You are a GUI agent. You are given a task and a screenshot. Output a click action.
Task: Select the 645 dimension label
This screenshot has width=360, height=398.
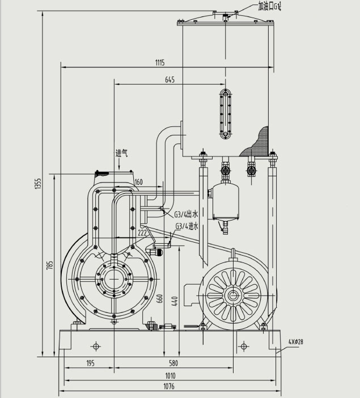[170, 79]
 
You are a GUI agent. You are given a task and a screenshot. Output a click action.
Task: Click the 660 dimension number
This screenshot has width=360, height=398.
[160, 299]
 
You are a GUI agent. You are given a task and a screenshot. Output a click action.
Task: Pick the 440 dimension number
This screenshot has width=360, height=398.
[175, 300]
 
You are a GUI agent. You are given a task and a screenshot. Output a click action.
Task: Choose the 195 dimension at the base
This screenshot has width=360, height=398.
[90, 363]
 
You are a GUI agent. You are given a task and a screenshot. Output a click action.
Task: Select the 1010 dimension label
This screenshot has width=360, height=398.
[170, 375]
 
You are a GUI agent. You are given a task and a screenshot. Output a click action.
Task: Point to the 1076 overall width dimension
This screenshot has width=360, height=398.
[170, 387]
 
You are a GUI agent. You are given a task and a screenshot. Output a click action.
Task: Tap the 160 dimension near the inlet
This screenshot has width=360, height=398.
[139, 182]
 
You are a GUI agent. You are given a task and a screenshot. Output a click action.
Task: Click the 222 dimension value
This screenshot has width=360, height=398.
[142, 232]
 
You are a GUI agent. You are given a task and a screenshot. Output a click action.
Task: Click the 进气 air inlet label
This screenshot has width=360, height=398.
[122, 153]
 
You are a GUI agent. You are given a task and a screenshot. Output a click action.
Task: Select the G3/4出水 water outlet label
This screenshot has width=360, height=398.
[187, 214]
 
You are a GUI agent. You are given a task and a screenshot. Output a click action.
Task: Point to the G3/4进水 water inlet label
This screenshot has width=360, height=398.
[187, 226]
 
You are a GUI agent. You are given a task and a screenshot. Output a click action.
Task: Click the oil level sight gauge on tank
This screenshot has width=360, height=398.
[226, 113]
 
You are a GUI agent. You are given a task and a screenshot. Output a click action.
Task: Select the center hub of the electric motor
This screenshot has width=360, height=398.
[232, 295]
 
